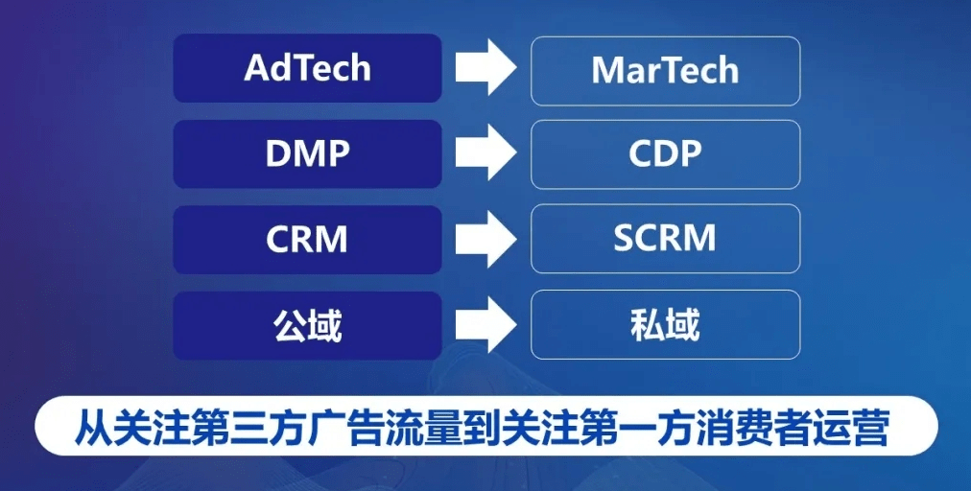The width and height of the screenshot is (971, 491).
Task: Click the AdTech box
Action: tap(307, 68)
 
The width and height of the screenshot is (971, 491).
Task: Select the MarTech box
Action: tap(665, 70)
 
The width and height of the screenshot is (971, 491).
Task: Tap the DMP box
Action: tap(307, 153)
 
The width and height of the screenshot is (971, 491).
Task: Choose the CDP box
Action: tap(665, 153)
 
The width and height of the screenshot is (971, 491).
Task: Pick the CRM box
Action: tap(307, 239)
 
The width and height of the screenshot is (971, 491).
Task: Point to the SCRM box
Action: tap(665, 238)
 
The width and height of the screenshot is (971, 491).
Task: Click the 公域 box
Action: tap(307, 325)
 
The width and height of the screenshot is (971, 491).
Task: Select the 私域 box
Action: tap(665, 324)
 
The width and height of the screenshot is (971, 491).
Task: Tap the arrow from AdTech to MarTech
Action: tap(485, 68)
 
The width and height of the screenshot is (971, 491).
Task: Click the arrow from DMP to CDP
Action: tap(485, 153)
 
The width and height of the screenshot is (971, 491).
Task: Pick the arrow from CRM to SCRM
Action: tap(485, 239)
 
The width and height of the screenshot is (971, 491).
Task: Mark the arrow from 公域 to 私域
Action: tap(485, 324)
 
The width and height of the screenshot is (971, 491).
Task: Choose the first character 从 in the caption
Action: tap(94, 427)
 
